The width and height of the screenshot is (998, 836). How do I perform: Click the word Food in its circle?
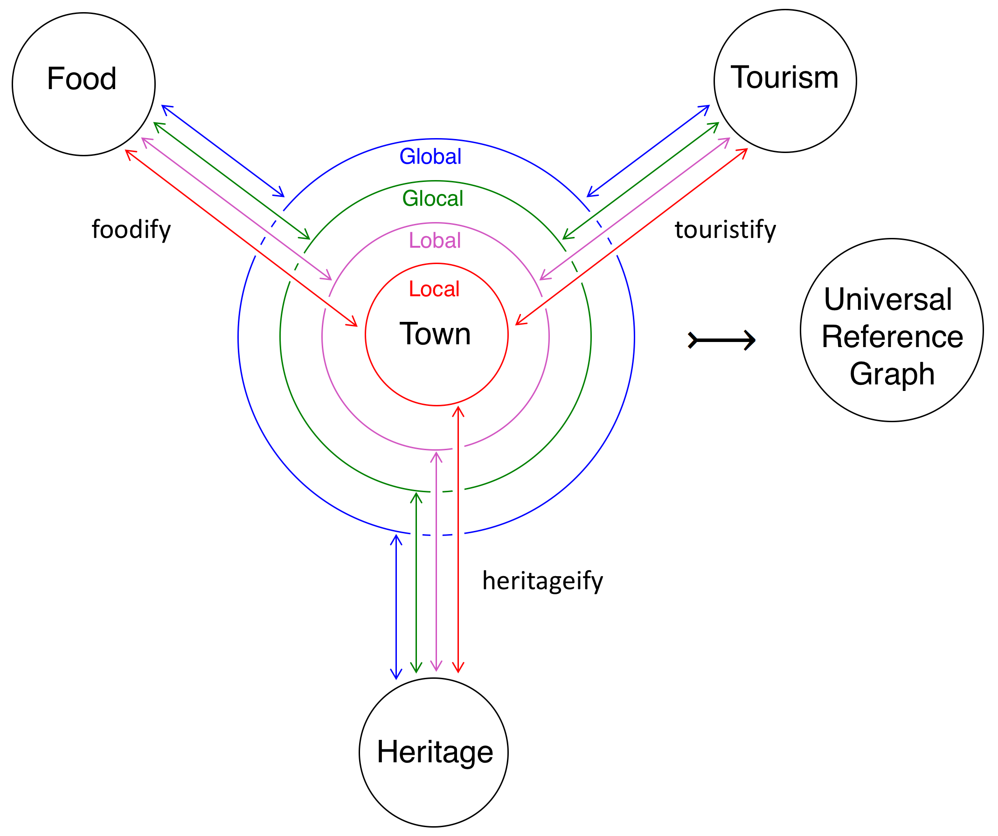[x=82, y=78]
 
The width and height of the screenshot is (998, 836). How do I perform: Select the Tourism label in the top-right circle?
[x=784, y=77]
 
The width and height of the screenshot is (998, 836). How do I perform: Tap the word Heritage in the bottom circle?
[x=435, y=752]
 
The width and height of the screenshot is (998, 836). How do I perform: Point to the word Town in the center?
[x=435, y=334]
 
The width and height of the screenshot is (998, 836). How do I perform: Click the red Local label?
[x=434, y=289]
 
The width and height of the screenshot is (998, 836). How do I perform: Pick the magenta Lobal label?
[x=435, y=240]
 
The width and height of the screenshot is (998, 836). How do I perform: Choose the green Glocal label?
[x=432, y=198]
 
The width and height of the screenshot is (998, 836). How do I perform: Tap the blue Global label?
[x=430, y=156]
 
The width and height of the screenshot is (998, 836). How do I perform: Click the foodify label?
[x=131, y=230]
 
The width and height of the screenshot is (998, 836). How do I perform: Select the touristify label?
[x=725, y=230]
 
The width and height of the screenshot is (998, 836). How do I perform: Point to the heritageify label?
[x=543, y=581]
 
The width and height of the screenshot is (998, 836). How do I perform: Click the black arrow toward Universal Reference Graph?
[x=721, y=340]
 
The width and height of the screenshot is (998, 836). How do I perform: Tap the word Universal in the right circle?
[x=888, y=300]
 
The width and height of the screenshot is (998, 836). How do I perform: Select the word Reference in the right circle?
[x=892, y=336]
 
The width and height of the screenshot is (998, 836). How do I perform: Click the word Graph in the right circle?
[x=892, y=374]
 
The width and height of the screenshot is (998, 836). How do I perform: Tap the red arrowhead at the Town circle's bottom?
[x=458, y=411]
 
